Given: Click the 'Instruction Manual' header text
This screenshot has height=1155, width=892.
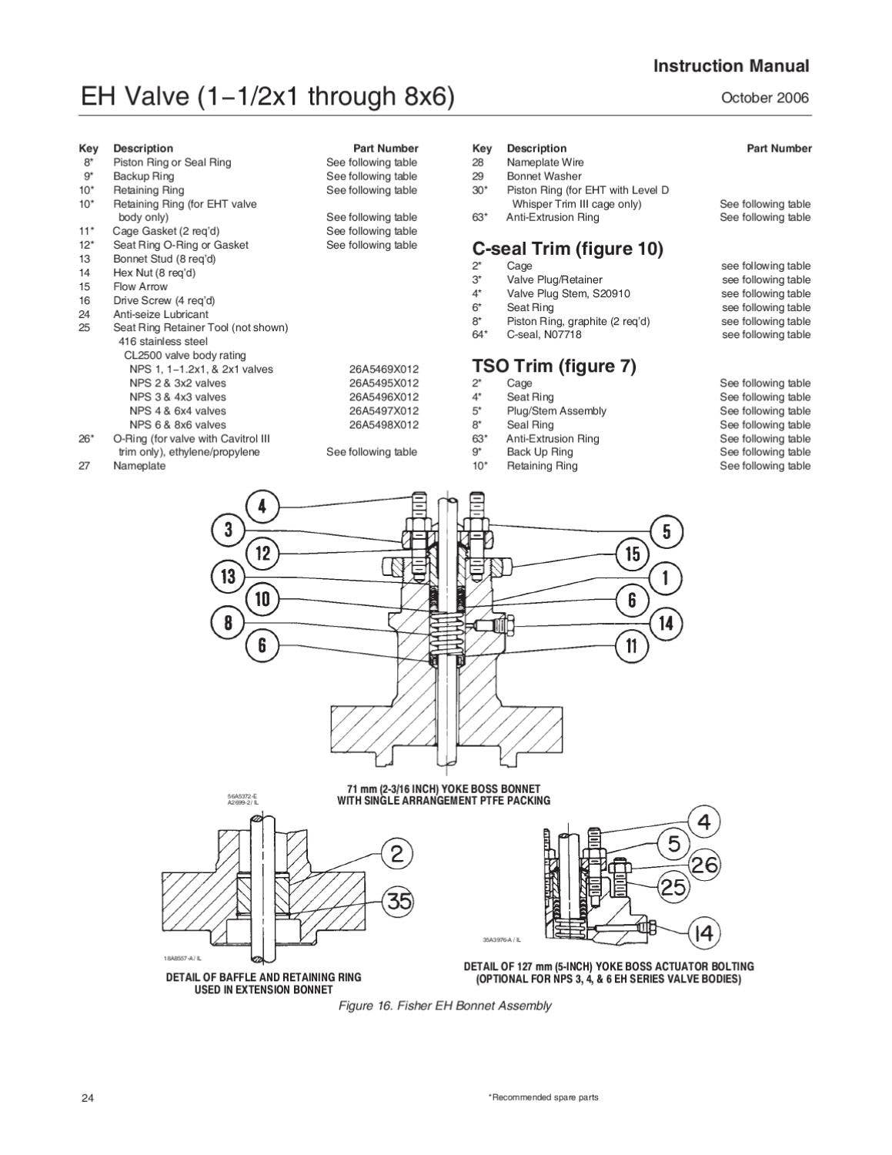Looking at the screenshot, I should pyautogui.click(x=730, y=66).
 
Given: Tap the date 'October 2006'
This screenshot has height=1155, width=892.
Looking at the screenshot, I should pyautogui.click(x=764, y=98).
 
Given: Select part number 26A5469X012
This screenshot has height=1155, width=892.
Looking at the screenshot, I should pyautogui.click(x=383, y=369).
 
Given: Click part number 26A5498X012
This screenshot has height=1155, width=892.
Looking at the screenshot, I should pyautogui.click(x=383, y=424).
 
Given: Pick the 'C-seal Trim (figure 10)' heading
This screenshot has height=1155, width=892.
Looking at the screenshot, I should pyautogui.click(x=566, y=249).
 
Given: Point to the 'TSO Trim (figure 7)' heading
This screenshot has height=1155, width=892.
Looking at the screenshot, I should pyautogui.click(x=553, y=367).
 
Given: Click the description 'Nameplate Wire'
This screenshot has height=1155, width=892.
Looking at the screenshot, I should pyautogui.click(x=544, y=162).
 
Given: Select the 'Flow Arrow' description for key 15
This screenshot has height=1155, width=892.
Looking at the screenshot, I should pyautogui.click(x=140, y=286).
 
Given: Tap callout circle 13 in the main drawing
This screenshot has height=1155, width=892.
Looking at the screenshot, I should pyautogui.click(x=228, y=576).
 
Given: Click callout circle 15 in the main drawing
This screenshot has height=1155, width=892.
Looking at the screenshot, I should pyautogui.click(x=632, y=554).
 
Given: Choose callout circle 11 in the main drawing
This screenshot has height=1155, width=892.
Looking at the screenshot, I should pyautogui.click(x=631, y=645).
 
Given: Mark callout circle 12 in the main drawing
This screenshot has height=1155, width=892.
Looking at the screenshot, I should pyautogui.click(x=262, y=553).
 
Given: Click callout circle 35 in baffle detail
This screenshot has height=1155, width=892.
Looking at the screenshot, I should pyautogui.click(x=399, y=901).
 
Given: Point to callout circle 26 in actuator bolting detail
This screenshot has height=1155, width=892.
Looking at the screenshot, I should pyautogui.click(x=703, y=865).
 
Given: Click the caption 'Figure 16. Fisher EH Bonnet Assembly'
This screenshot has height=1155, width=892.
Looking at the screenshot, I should pyautogui.click(x=445, y=1006).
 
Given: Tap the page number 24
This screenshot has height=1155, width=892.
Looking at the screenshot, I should pyautogui.click(x=87, y=1097).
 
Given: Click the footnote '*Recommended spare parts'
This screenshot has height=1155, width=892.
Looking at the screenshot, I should pyautogui.click(x=538, y=1097).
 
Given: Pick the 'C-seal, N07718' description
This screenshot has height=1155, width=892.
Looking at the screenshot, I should pyautogui.click(x=543, y=335).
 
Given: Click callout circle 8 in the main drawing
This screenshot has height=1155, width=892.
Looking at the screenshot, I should pyautogui.click(x=228, y=622).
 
